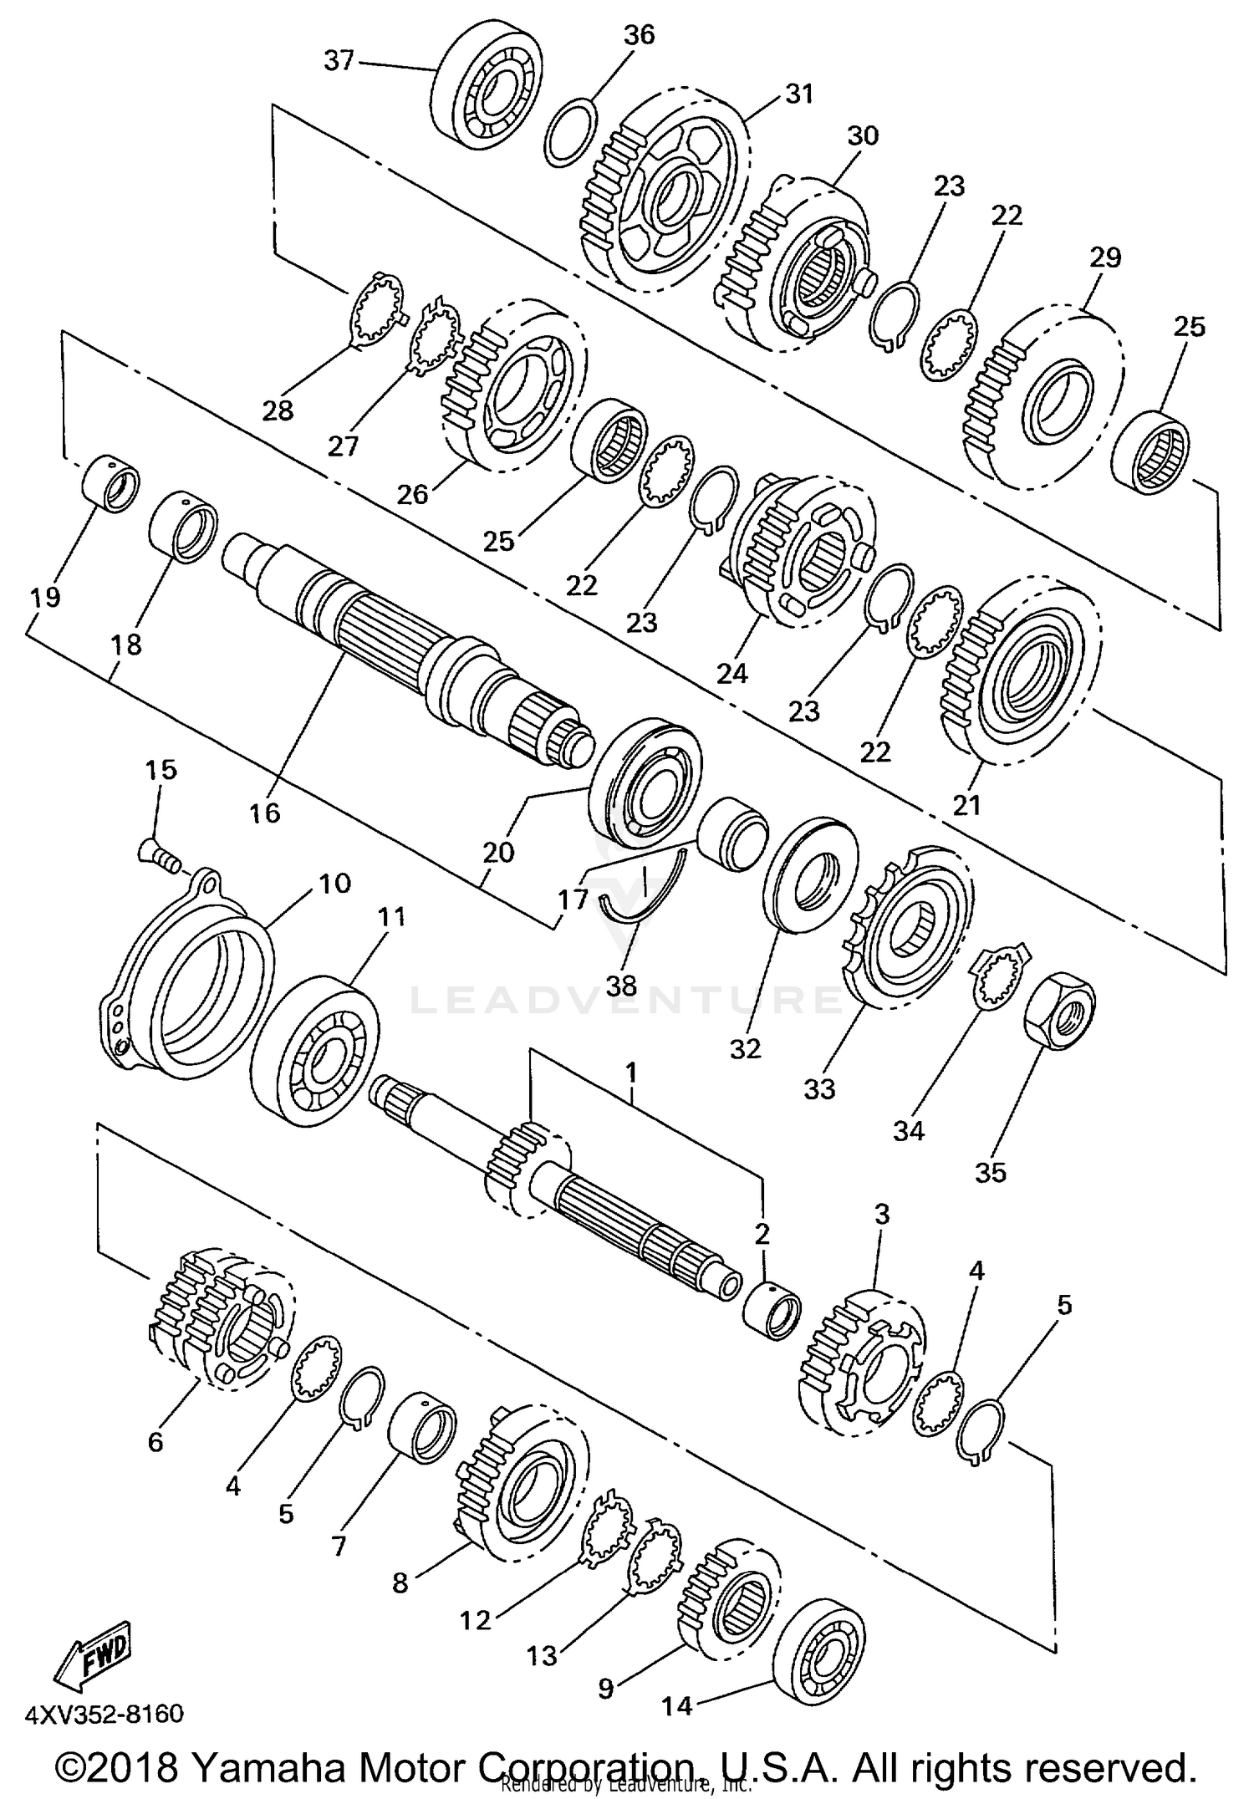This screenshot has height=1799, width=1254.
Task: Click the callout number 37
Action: click(339, 60)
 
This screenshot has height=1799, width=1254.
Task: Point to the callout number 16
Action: click(265, 812)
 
